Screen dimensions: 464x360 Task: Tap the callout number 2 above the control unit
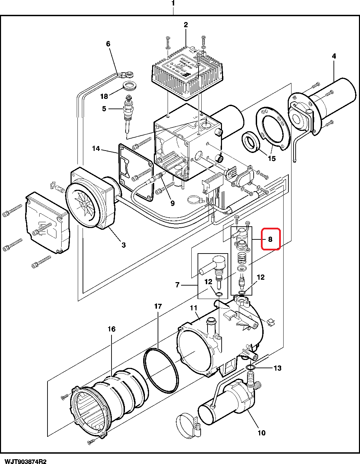click(x=186, y=25)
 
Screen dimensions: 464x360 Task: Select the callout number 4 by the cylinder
click(x=333, y=56)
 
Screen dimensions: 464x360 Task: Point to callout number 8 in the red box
click(x=271, y=239)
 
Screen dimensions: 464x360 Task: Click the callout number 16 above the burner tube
click(x=112, y=329)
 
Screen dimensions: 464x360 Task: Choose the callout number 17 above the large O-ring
click(x=158, y=306)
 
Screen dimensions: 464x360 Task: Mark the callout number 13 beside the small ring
click(x=277, y=368)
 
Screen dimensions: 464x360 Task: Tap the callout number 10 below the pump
click(x=262, y=433)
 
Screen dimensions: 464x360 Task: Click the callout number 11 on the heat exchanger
click(x=193, y=308)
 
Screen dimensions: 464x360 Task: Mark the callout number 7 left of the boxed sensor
click(x=178, y=285)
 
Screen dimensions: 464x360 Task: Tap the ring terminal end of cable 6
click(x=130, y=73)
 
